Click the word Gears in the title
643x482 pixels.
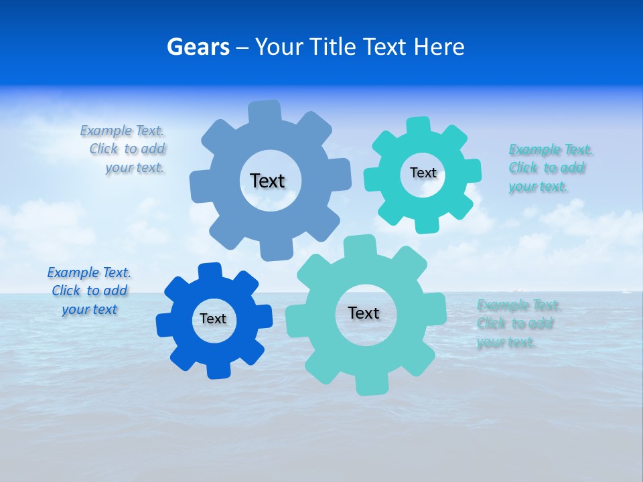click(198, 47)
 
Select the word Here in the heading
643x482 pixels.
click(439, 47)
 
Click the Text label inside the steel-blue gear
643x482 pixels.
click(267, 181)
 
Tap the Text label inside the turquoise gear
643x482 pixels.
click(423, 173)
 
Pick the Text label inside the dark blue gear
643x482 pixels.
click(213, 319)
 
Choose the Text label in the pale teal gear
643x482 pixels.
click(364, 313)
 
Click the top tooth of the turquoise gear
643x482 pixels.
click(419, 127)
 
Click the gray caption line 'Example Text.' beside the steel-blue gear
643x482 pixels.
click(122, 131)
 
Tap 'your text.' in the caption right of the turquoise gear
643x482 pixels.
click(538, 186)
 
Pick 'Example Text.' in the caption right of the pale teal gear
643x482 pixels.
click(518, 305)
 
